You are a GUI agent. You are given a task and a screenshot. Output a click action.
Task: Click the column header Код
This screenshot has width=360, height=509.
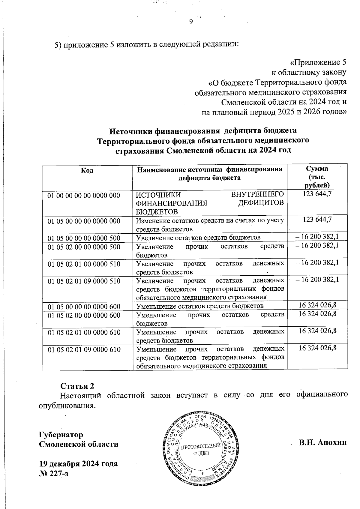pos(87,170)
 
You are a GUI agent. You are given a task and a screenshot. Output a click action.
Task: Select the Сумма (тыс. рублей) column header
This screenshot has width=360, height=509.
pos(318,177)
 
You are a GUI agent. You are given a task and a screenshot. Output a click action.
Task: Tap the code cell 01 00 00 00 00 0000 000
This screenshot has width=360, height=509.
pos(84,196)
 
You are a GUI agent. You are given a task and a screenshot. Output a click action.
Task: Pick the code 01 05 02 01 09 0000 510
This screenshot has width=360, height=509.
pos(84,281)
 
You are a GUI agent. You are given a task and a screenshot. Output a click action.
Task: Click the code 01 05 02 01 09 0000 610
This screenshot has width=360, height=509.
pos(84,349)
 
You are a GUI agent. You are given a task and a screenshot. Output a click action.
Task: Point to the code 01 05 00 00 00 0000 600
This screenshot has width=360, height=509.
pos(84,307)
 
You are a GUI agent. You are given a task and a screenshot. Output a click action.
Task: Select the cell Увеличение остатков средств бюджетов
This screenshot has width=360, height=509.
pos(198,238)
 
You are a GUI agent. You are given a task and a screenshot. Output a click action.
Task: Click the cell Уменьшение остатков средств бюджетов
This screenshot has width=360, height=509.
pos(200,306)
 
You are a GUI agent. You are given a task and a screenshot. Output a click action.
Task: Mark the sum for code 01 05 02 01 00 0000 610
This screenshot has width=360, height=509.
pos(317,331)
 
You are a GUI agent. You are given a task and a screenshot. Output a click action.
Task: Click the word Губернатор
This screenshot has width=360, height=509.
pos(61,434)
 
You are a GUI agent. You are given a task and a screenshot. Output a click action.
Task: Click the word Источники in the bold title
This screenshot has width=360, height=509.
pos(131,131)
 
